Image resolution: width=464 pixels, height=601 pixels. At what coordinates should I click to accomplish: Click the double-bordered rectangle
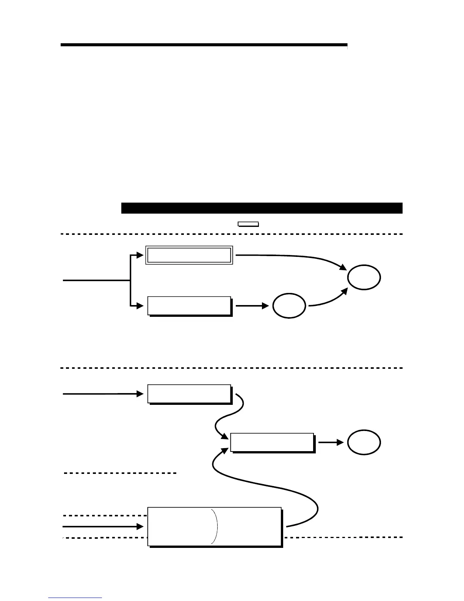tap(189, 255)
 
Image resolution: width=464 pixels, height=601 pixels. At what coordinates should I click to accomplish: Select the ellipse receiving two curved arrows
tap(364, 278)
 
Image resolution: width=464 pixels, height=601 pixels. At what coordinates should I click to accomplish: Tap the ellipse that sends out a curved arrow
tap(289, 305)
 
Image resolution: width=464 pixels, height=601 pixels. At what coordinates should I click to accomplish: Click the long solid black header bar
tap(262, 208)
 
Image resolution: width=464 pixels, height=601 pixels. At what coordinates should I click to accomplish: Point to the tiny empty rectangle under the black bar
tap(248, 224)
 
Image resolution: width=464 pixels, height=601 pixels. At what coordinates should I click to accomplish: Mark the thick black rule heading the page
tap(204, 45)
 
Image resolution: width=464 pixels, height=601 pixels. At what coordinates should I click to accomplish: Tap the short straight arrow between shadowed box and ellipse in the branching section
tap(252, 305)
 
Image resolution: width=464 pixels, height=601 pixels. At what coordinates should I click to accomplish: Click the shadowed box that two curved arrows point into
tap(272, 442)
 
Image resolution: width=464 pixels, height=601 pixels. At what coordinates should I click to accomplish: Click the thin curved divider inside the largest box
tap(216, 526)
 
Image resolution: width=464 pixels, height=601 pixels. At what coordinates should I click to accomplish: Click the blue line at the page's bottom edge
tap(75, 598)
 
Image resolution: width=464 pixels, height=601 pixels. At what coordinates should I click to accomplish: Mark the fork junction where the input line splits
tap(130, 280)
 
